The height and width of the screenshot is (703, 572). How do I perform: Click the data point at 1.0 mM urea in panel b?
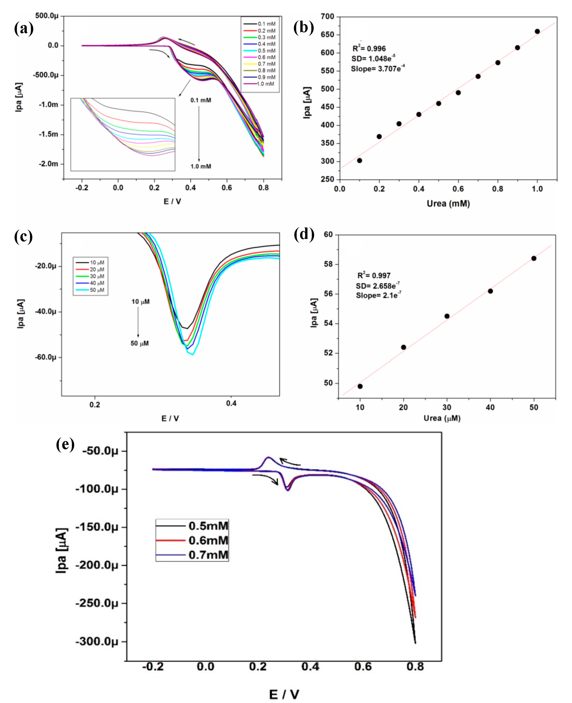[x=537, y=31]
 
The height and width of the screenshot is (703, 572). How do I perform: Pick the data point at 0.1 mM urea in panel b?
[x=360, y=161]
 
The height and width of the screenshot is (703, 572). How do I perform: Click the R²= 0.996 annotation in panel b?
[x=369, y=48]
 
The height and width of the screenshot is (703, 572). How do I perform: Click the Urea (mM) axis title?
[x=448, y=203]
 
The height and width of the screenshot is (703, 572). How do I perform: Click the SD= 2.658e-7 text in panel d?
[x=378, y=285]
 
